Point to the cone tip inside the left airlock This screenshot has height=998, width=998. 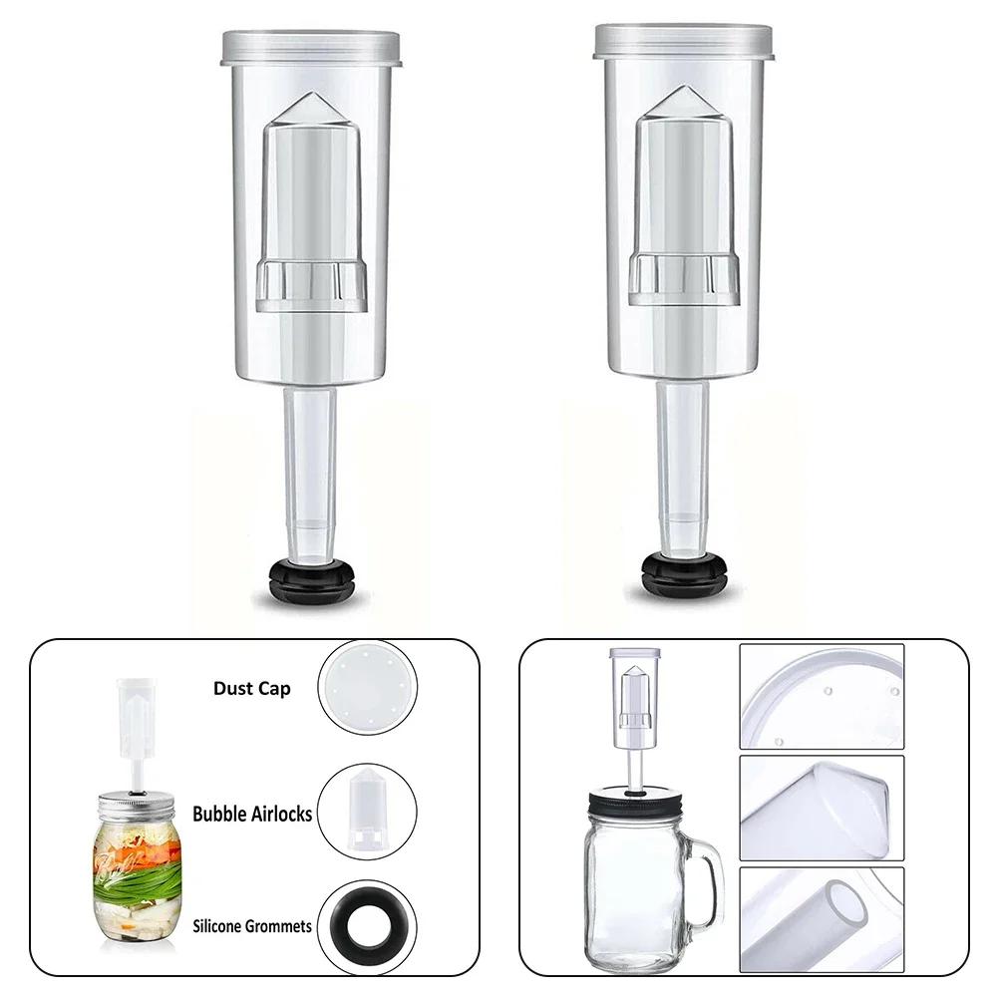pos(311,117)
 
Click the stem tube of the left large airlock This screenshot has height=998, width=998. pos(312,469)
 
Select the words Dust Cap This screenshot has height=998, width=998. pos(252,689)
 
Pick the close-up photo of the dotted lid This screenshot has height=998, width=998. pos(822,697)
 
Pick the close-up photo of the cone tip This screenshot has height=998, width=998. pos(822,808)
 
